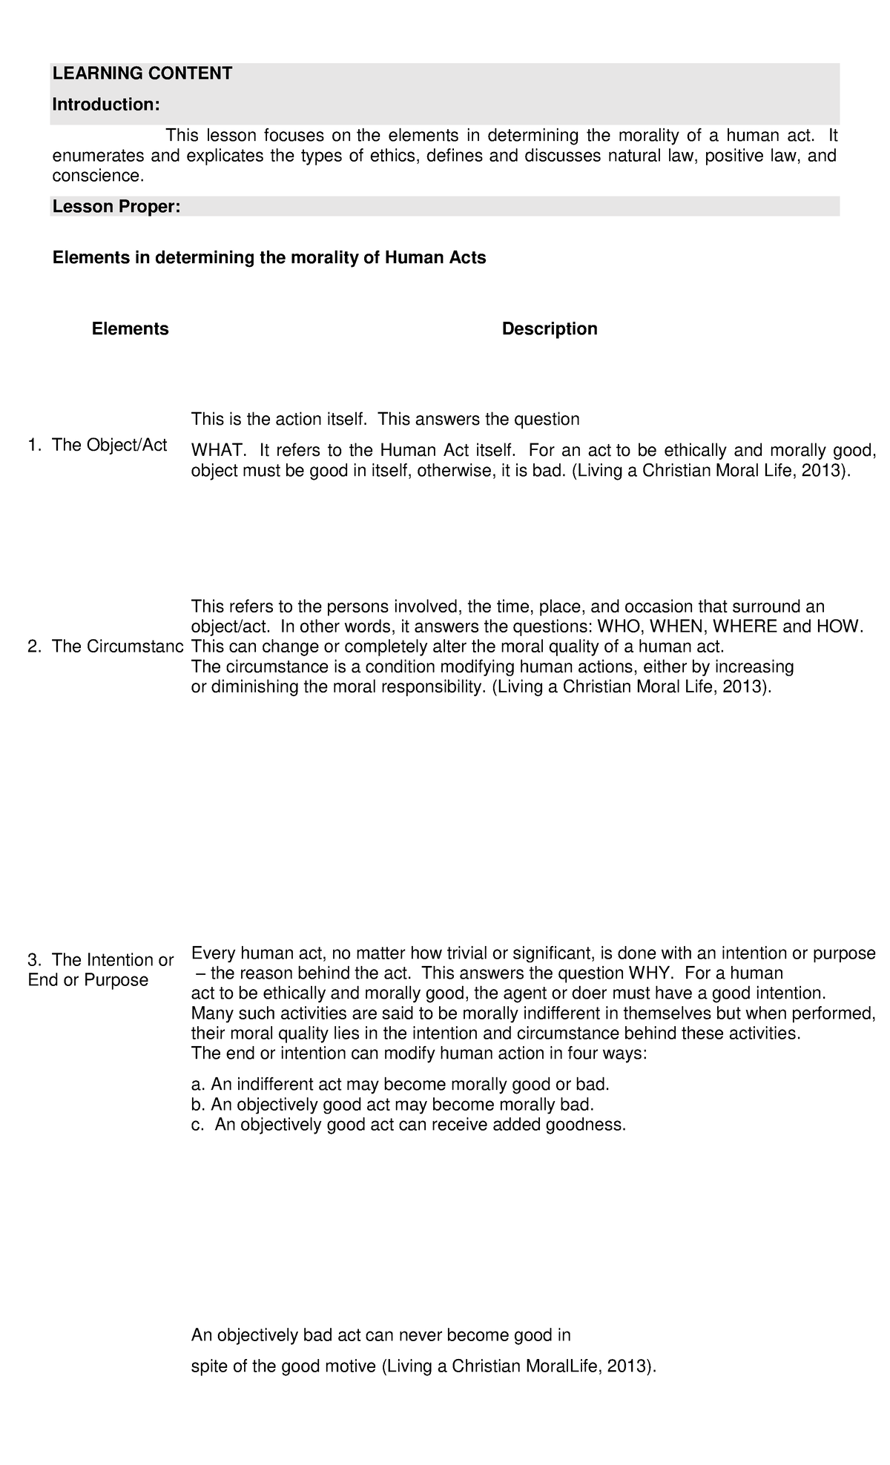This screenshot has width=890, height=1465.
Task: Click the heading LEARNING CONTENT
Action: click(x=142, y=73)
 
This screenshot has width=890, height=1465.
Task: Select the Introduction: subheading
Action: click(x=105, y=105)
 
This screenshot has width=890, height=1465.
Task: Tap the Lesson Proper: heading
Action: click(x=116, y=207)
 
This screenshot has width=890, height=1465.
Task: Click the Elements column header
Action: click(x=130, y=328)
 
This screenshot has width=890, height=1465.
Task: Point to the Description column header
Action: click(x=549, y=328)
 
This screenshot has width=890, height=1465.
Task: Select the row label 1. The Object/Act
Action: click(x=97, y=445)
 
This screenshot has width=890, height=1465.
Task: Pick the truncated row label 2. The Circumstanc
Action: click(x=105, y=646)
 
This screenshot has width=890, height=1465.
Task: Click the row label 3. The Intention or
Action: click(x=100, y=960)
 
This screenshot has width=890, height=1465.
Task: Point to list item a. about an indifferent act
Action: click(x=400, y=1085)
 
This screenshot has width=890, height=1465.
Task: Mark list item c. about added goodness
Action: click(x=409, y=1125)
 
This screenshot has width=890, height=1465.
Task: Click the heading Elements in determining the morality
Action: click(x=268, y=258)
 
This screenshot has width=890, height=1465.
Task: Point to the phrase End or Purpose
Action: click(x=88, y=980)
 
